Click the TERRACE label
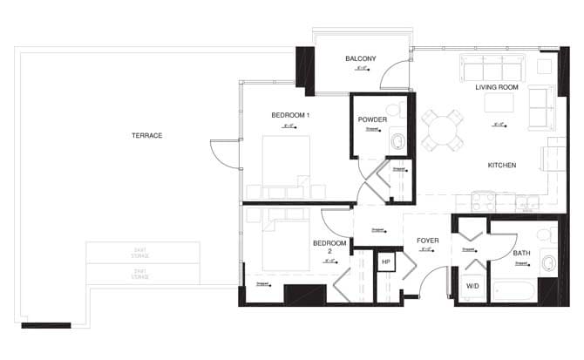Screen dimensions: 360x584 (x=146, y=135)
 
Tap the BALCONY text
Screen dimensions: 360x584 (x=360, y=58)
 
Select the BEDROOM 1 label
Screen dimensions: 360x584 (x=290, y=115)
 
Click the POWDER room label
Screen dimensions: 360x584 (x=372, y=119)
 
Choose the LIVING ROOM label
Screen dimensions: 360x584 (x=497, y=88)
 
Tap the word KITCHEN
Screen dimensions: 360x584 (x=501, y=165)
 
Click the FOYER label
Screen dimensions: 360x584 (x=427, y=240)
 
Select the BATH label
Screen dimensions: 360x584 (x=521, y=254)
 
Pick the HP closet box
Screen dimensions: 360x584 (x=385, y=261)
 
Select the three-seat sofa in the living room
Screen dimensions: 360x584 (x=494, y=68)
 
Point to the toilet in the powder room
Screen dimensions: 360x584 (x=397, y=140)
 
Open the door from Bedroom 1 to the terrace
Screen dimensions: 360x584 (x=224, y=157)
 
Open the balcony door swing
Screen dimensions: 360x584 (x=399, y=77)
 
